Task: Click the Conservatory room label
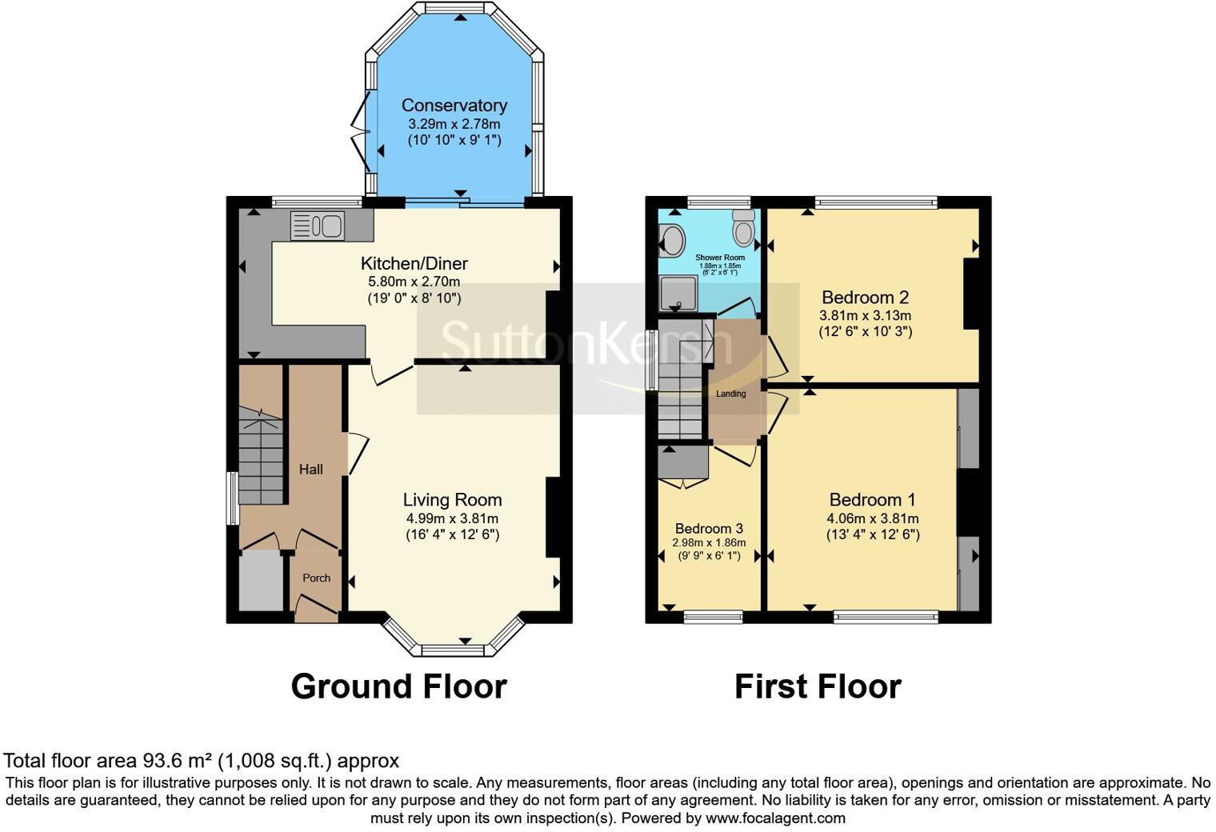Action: click(454, 106)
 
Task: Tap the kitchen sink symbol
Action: click(318, 225)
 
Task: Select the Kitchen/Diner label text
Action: click(414, 263)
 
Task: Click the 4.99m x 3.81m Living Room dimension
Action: click(452, 518)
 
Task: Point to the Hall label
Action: click(311, 469)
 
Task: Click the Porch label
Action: click(316, 578)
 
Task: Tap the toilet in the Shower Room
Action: click(744, 228)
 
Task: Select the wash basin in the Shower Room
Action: click(671, 239)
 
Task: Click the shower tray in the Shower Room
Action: click(678, 294)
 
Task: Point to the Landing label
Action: click(730, 394)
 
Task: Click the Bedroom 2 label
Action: click(865, 298)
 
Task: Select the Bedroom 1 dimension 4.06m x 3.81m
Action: click(872, 518)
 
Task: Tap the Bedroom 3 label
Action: click(709, 528)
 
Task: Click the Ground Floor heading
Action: click(398, 686)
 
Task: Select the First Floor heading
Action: click(818, 686)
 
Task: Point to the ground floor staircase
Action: click(262, 460)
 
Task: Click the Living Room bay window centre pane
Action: click(453, 650)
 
